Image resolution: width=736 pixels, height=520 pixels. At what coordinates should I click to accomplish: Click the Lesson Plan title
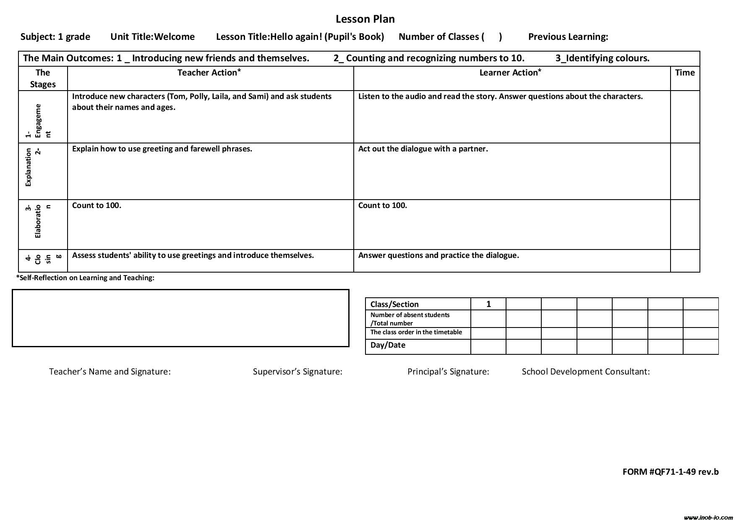pos(365,19)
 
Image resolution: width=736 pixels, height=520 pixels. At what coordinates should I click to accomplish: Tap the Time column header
pos(685,73)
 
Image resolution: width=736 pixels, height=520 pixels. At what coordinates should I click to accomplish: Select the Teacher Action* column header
pos(209,73)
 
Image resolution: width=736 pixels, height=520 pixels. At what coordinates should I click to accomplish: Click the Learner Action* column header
pos(510,73)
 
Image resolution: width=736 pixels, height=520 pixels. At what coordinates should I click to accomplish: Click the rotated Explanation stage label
pos(29,167)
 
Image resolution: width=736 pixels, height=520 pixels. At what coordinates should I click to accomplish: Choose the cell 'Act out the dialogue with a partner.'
pos(423,149)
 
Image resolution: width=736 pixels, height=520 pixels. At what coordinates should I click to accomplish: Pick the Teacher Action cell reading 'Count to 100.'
pos(97,205)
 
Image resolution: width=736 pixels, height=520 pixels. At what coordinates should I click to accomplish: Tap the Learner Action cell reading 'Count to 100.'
pos(382,205)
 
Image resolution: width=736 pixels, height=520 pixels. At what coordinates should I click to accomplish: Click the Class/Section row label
pos(394,304)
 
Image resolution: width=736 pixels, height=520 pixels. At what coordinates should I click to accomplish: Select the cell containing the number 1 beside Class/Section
pos(488,304)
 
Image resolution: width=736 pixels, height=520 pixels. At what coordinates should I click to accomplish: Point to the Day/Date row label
pos(388,345)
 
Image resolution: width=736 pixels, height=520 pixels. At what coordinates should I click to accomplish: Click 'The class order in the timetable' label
pos(416,332)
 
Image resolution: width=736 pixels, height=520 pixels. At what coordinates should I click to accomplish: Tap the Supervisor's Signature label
pos(298,372)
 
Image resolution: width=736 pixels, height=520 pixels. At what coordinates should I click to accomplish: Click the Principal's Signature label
pos(448,372)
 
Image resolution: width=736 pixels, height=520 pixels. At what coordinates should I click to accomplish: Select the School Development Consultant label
pos(585,372)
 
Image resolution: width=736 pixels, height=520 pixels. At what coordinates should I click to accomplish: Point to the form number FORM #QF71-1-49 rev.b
pos(670,472)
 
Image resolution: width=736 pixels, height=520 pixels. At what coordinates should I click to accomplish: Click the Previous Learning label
pos(568,37)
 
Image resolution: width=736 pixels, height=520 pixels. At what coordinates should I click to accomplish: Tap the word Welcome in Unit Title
pos(174,37)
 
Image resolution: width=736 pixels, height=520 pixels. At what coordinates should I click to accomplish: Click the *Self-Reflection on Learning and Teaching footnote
pos(85,278)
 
